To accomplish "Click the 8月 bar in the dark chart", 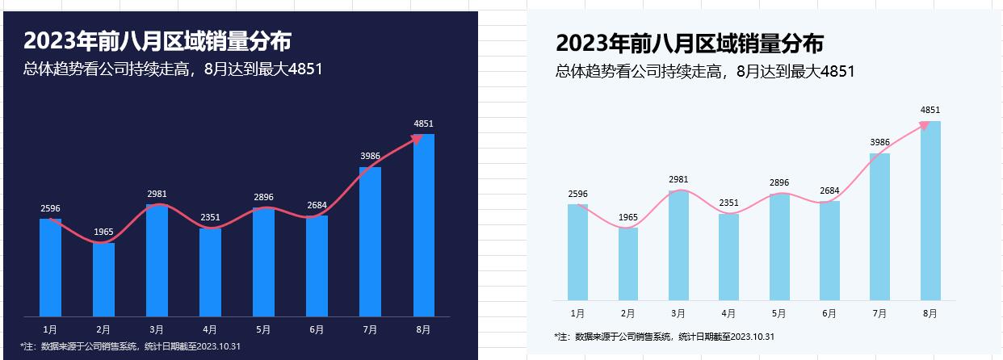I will [424, 226].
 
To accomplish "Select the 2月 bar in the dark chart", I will [103, 279].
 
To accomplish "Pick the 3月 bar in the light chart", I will [678, 245].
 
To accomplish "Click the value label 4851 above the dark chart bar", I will [424, 124].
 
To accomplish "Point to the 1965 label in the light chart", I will [627, 217].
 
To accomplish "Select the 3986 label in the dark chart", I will [370, 156].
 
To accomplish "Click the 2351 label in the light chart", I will [728, 203].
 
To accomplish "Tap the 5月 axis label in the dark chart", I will [263, 329].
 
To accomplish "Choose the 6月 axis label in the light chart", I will [829, 313].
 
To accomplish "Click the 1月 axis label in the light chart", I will [577, 313].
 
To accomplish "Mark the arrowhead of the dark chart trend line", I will [418, 139].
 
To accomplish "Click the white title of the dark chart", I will [157, 40].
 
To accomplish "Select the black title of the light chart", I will [690, 44].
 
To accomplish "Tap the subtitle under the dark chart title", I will [174, 69].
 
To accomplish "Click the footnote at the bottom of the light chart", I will [665, 336].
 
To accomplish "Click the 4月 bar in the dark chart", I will [210, 272].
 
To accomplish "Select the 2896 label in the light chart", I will [778, 182].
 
